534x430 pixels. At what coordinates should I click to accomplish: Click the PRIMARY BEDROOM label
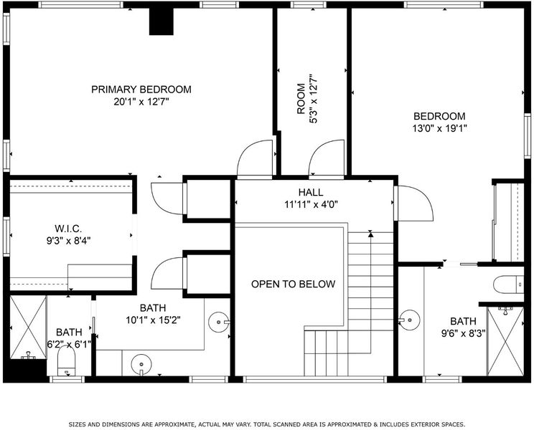coord(141,90)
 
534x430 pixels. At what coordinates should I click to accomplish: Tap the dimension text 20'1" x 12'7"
coord(141,102)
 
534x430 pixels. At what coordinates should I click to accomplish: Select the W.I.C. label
coord(68,229)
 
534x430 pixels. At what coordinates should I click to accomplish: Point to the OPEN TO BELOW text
coord(294,284)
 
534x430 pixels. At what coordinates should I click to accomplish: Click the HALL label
coord(311,192)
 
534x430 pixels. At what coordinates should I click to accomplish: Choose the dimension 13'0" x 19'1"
coord(439,128)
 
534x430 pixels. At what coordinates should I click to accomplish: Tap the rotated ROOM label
coord(301,99)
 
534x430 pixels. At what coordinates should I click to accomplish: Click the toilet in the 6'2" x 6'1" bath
coord(67,361)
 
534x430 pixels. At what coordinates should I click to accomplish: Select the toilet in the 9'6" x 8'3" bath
coord(508,285)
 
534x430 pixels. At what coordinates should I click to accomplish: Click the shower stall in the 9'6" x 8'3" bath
coord(505,341)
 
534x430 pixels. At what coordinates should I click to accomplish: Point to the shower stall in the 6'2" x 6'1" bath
coord(28,328)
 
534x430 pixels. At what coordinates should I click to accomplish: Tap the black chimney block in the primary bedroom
coord(161,21)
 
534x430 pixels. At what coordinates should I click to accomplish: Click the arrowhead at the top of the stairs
coord(370,234)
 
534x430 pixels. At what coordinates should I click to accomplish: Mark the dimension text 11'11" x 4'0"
coord(311,205)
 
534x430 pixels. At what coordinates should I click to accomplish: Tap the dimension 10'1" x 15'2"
coord(153,320)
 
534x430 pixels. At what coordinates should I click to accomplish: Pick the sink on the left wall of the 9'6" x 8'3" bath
coord(408,320)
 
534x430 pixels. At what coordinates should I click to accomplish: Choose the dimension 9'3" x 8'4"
coord(68,241)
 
